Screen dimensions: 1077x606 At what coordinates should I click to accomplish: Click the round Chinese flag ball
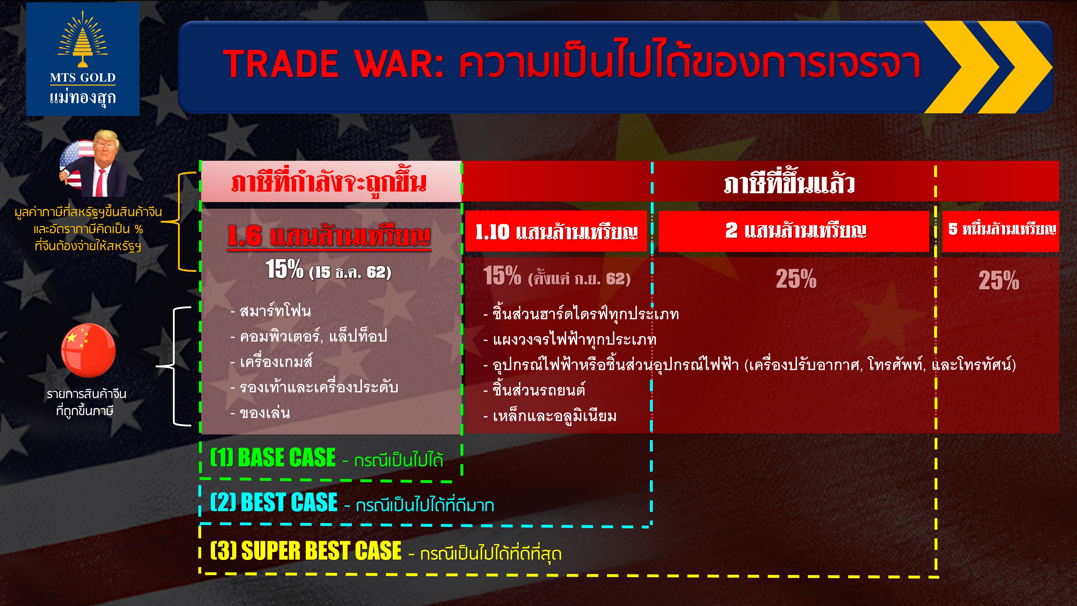tap(88, 350)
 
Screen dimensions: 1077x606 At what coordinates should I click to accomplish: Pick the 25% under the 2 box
tap(796, 279)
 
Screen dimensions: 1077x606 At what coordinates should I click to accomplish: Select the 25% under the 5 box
tap(999, 280)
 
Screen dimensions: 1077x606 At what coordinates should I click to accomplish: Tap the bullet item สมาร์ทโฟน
tap(271, 311)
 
